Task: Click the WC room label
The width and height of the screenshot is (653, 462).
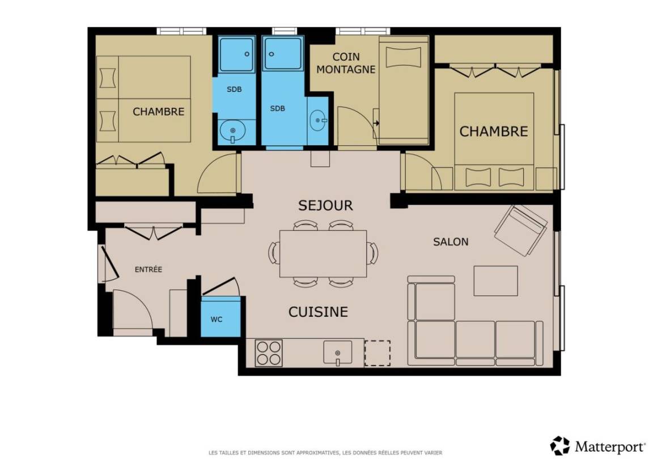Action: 216,320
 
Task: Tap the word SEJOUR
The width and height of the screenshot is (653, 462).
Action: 326,205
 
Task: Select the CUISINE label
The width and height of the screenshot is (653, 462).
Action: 318,312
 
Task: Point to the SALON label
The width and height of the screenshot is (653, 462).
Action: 451,242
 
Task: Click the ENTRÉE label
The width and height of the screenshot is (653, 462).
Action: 149,270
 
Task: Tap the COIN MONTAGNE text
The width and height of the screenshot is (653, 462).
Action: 346,63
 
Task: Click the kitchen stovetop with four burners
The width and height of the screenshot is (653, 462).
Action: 269,353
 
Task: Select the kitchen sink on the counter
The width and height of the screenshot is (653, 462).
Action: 338,353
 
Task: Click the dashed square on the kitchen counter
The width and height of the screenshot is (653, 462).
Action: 378,353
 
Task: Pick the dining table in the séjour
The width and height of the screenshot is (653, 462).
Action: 323,254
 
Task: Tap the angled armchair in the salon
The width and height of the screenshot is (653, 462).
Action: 521,230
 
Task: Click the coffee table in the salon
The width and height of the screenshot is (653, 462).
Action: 495,280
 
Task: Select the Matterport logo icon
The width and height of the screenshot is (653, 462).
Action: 559,446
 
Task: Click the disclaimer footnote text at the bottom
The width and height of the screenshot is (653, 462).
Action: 325,452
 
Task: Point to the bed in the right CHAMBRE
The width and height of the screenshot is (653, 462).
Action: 494,141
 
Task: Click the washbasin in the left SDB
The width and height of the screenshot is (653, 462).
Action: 232,131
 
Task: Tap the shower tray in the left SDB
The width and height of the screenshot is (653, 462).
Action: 236,54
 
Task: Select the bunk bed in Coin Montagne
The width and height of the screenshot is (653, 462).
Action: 404,91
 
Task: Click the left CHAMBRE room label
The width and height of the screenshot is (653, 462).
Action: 158,111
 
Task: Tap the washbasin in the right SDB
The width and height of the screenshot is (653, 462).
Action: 319,120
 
